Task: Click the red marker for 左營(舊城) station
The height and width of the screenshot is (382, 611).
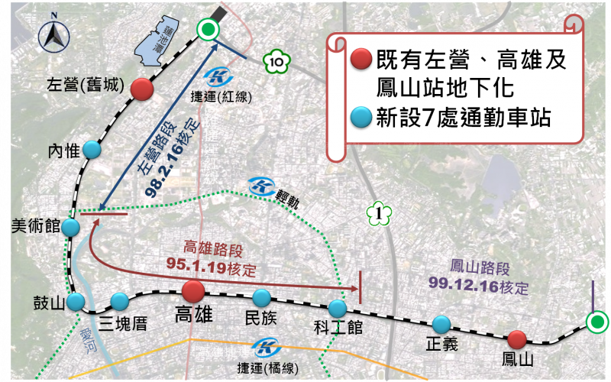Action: click(x=141, y=89)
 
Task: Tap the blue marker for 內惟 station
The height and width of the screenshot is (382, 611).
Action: click(x=92, y=150)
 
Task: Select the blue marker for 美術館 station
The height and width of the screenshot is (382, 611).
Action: click(x=70, y=228)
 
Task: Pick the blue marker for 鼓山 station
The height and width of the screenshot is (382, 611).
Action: click(x=75, y=302)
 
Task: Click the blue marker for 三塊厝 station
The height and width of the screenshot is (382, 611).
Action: click(x=119, y=301)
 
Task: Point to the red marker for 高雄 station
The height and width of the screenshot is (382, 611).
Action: click(x=192, y=291)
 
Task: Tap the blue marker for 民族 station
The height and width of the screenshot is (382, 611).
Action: click(x=262, y=297)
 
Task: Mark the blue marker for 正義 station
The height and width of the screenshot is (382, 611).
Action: click(x=441, y=324)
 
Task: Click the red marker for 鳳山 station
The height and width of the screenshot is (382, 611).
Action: click(x=517, y=338)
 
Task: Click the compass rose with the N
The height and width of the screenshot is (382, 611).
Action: click(x=55, y=34)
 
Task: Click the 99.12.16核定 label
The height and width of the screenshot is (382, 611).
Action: click(x=490, y=289)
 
